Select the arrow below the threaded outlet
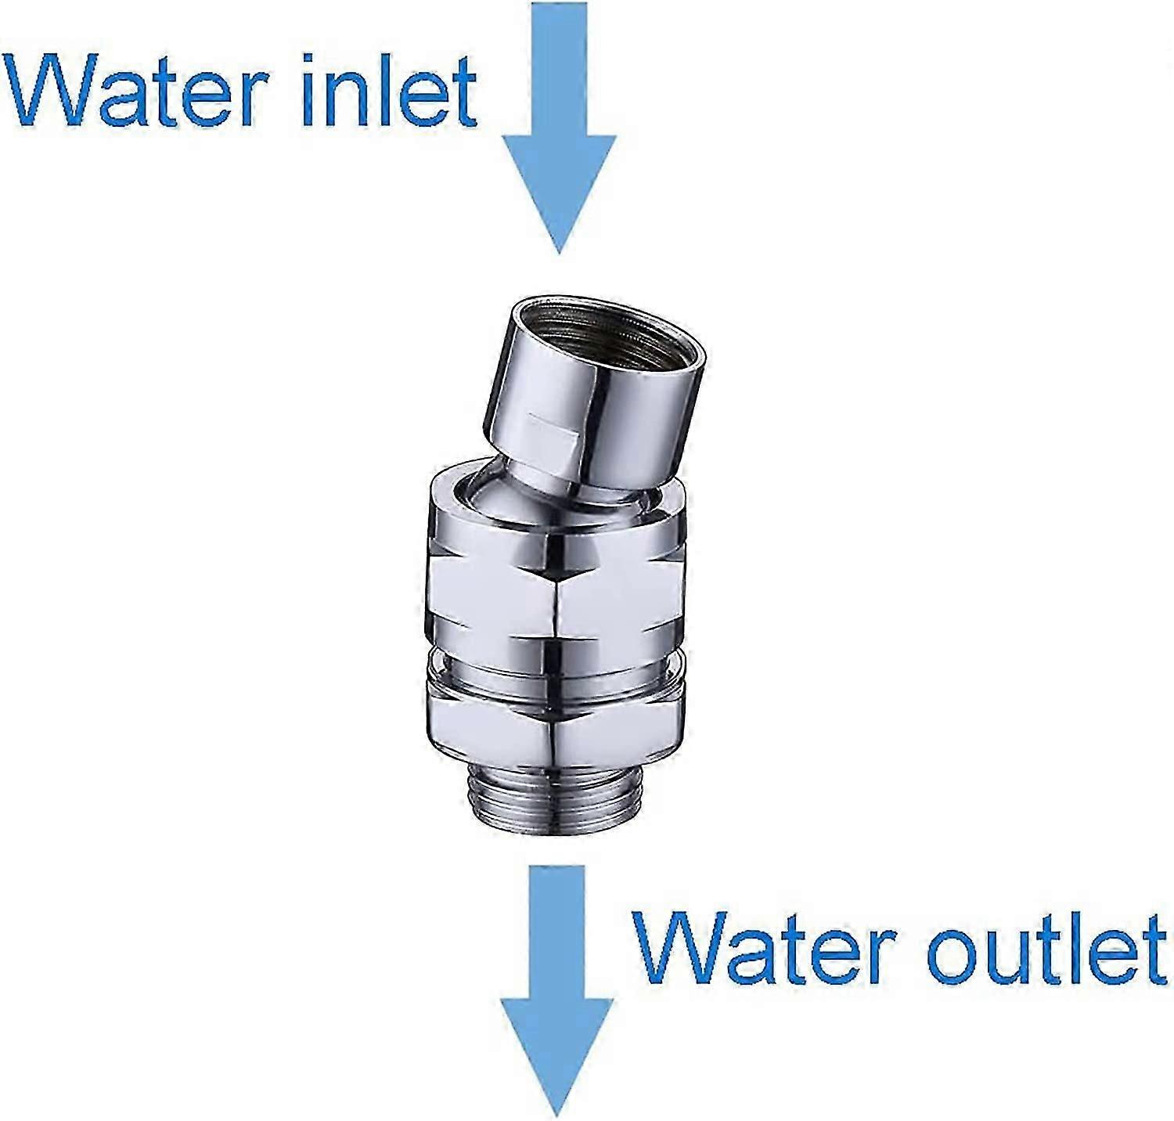(x=557, y=990)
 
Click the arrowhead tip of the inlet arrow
(x=559, y=254)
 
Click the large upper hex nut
(x=559, y=591)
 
